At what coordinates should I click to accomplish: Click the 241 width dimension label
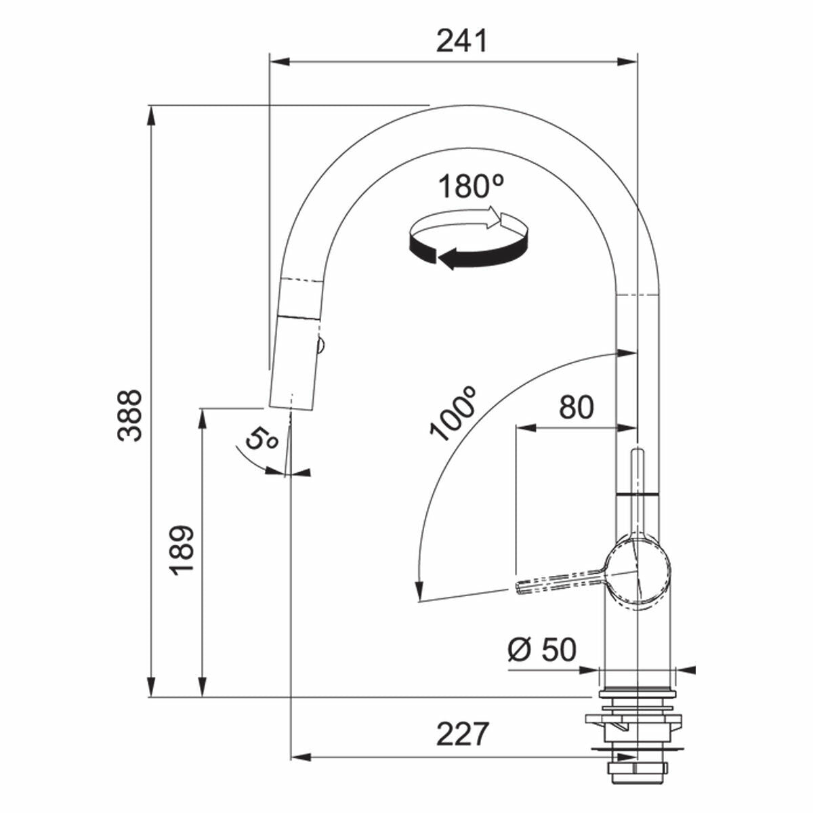[461, 41]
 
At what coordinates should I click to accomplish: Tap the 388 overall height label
[128, 415]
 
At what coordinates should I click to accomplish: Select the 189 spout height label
[182, 549]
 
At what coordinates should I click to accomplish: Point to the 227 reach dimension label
[462, 734]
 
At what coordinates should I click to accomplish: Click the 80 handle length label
[576, 407]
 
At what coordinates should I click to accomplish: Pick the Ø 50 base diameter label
[541, 650]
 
